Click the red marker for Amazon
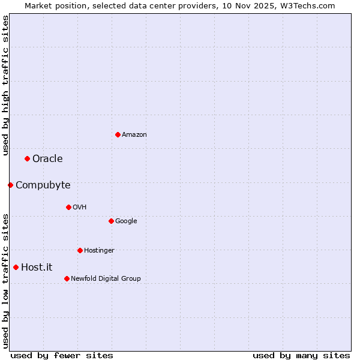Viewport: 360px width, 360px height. (118, 134)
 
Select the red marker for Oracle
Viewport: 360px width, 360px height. (27, 158)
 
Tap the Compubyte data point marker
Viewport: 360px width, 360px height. (10, 185)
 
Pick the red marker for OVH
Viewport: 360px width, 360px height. (68, 207)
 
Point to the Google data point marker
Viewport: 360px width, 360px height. (111, 221)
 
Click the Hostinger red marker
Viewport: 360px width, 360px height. (80, 250)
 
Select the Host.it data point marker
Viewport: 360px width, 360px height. (16, 267)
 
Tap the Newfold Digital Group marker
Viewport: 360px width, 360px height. (67, 278)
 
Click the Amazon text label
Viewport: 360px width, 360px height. (134, 134)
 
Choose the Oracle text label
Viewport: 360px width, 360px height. (47, 158)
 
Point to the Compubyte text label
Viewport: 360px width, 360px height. (43, 185)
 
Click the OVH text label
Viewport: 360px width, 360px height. (79, 207)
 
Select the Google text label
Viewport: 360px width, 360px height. (126, 221)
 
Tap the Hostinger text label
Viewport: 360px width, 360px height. (99, 250)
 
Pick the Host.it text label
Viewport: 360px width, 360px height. (37, 267)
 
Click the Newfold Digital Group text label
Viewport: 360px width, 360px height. (106, 278)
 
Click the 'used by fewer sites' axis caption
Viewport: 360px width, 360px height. (62, 355)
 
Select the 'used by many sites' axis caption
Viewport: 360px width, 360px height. (301, 355)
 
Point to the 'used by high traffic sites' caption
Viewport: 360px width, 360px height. (5, 85)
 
